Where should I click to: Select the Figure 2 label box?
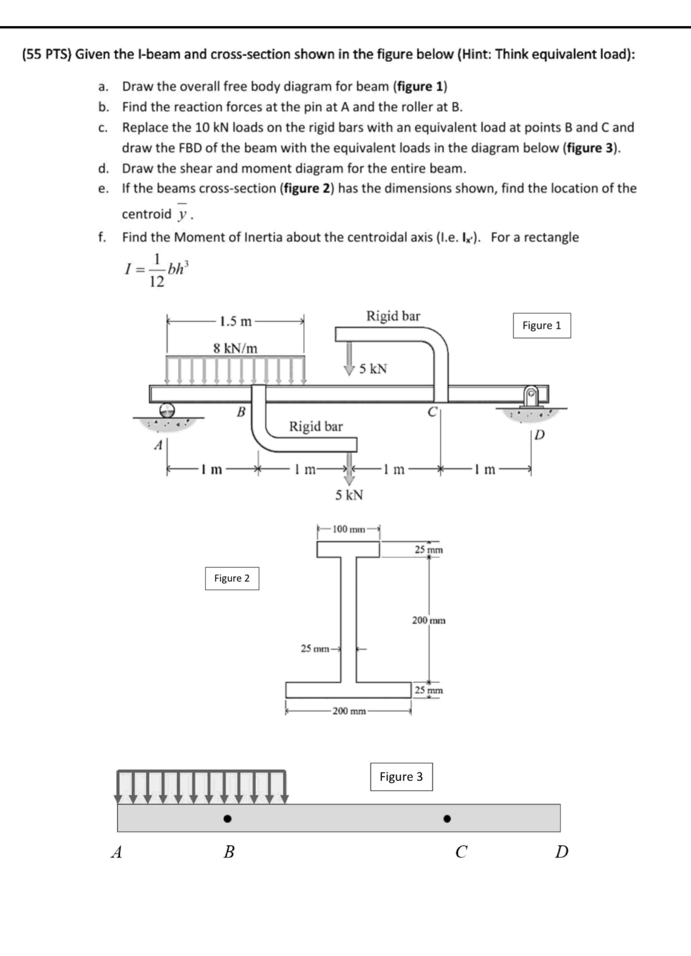(232, 578)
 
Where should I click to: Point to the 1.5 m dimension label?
(235, 322)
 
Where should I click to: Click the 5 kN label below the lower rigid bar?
(349, 495)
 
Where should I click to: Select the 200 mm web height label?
(429, 621)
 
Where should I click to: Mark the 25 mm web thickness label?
(315, 649)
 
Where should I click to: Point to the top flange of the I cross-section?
(348, 549)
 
